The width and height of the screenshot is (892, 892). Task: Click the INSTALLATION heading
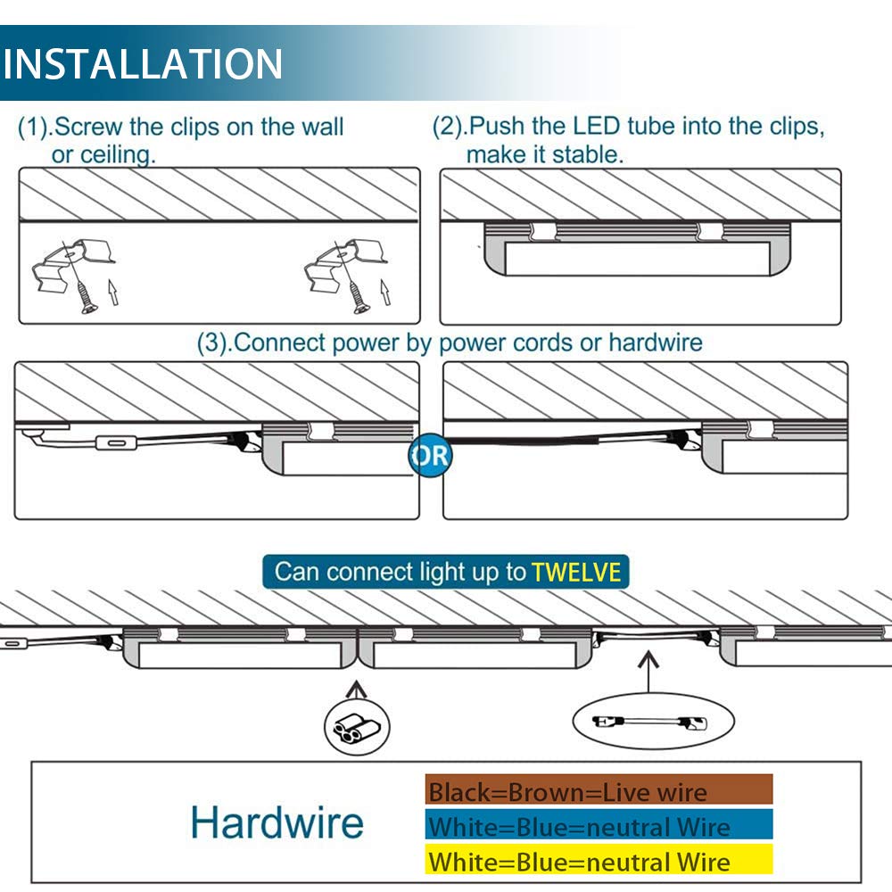(x=142, y=63)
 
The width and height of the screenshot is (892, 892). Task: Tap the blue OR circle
(x=431, y=455)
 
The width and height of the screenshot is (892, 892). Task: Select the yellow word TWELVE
(x=576, y=573)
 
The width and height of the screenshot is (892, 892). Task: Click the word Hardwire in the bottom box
(x=277, y=822)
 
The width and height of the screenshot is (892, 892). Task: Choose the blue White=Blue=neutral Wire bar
(x=599, y=824)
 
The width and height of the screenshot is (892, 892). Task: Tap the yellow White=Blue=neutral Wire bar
(x=599, y=859)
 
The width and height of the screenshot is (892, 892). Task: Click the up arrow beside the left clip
(x=113, y=292)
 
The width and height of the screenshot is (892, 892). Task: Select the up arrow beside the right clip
(x=385, y=292)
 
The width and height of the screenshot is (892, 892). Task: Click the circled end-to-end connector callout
(x=357, y=726)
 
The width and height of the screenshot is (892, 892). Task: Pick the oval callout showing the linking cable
(x=653, y=722)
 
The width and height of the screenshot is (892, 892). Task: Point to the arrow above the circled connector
(x=357, y=690)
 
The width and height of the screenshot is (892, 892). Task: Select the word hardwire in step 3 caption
(x=656, y=343)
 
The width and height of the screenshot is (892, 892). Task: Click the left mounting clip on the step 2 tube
(x=542, y=231)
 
